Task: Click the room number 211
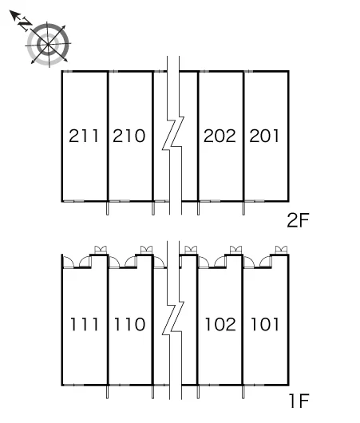coord(84,136)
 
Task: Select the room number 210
coord(129,136)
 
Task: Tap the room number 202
coord(220,136)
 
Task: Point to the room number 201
coord(264,136)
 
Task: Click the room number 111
coord(84,324)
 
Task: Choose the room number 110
coord(129,324)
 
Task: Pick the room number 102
coord(220,324)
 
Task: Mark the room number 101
coord(265,324)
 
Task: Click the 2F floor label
coord(298,220)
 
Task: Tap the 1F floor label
coord(299,401)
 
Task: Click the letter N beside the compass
coord(25,24)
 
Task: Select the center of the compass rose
coord(48,44)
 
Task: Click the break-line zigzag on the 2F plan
coord(173,133)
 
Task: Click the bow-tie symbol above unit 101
coord(281,250)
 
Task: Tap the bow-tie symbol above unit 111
coord(101,250)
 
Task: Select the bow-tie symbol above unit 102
coord(235,250)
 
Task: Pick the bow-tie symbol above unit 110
coord(146,250)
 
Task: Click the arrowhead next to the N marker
coord(14,14)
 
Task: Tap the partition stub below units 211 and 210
coord(108,208)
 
